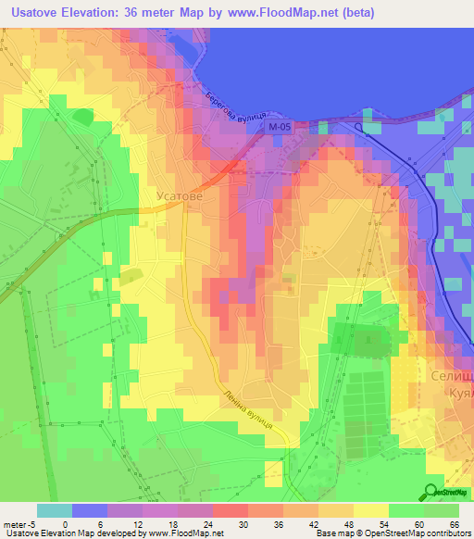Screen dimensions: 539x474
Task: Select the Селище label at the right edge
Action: [x=452, y=377]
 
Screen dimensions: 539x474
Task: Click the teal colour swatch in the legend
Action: [x=55, y=510]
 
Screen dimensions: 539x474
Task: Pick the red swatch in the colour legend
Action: [x=230, y=510]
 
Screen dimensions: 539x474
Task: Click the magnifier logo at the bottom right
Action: [x=431, y=491]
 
